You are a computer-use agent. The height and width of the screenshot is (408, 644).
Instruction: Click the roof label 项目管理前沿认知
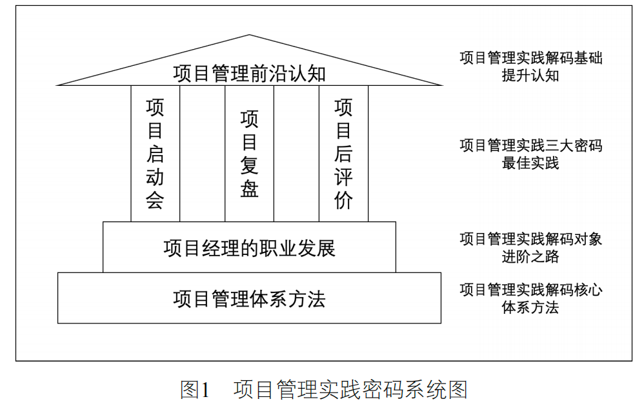click(249, 74)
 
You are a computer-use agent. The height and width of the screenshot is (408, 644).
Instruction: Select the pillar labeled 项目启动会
click(155, 154)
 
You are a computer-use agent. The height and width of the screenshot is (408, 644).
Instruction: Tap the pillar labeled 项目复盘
click(249, 154)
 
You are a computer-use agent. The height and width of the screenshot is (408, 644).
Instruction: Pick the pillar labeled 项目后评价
click(343, 154)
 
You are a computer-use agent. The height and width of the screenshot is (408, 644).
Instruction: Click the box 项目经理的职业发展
click(249, 248)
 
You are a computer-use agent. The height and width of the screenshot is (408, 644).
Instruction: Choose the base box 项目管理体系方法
click(249, 299)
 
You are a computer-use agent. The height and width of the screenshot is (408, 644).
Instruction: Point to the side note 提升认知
click(530, 75)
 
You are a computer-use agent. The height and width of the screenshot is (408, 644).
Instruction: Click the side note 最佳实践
click(530, 163)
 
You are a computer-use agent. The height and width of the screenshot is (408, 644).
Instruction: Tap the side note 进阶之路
click(530, 256)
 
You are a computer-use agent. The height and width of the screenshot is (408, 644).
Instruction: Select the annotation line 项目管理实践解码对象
click(530, 240)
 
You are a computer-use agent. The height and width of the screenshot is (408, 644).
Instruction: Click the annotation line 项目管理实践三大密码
click(530, 146)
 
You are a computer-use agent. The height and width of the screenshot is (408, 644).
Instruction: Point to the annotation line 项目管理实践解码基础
click(530, 58)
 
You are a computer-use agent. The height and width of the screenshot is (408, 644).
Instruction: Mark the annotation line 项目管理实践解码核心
click(530, 290)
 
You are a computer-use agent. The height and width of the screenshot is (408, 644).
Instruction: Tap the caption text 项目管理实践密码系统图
click(350, 389)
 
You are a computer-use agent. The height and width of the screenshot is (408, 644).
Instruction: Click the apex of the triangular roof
click(249, 36)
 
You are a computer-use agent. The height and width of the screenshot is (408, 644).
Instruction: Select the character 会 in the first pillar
click(155, 201)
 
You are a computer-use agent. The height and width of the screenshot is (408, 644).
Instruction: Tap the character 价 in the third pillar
click(343, 201)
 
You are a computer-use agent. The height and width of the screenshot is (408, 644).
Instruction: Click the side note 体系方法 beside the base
click(530, 307)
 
